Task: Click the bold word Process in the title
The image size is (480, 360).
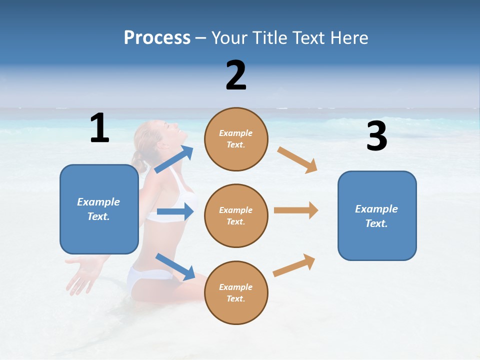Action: (x=157, y=38)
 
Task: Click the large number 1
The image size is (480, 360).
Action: (x=99, y=128)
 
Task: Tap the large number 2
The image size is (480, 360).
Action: (x=236, y=75)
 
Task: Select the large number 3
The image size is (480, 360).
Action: (x=376, y=136)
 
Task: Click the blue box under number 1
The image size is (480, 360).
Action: (x=99, y=209)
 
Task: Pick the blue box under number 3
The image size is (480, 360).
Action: (x=377, y=215)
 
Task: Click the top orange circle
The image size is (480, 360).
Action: (x=236, y=139)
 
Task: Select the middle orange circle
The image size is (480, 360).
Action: (x=236, y=215)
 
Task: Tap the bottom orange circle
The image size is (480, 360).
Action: (x=236, y=292)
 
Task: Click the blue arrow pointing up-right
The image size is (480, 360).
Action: (x=174, y=159)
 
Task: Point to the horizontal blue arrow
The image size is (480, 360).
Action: (x=175, y=211)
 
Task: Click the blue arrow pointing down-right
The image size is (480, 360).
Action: (x=175, y=266)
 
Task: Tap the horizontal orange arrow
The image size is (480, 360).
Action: (x=296, y=210)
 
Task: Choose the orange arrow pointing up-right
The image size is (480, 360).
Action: (x=294, y=265)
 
